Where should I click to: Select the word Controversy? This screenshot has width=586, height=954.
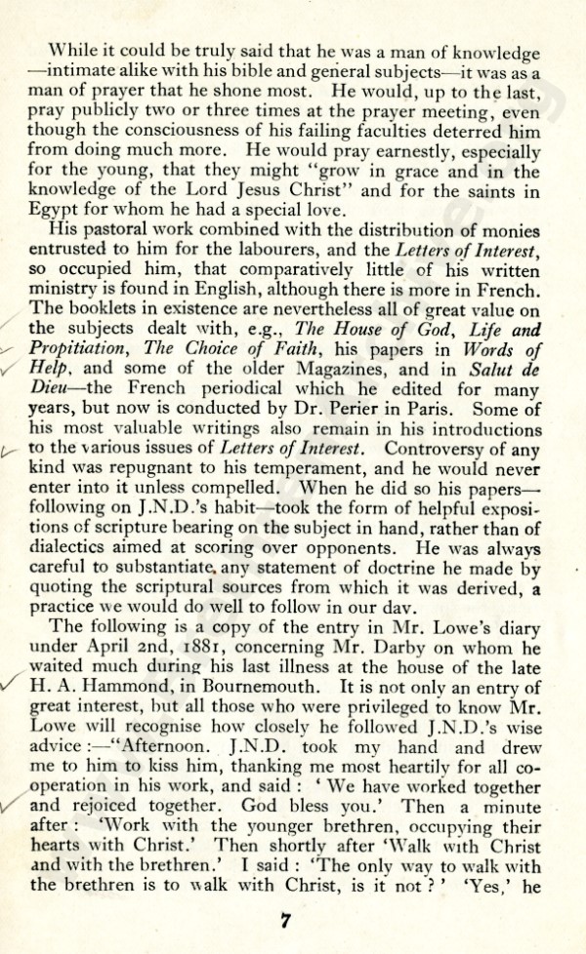[431, 449]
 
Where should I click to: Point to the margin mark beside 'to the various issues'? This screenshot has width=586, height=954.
[12, 450]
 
